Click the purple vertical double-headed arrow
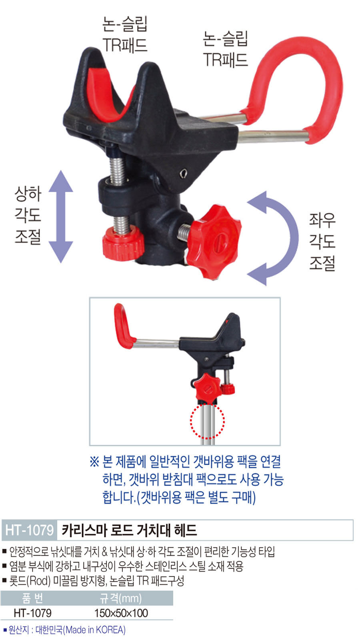pyautogui.click(x=61, y=216)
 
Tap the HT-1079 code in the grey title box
pyautogui.click(x=30, y=530)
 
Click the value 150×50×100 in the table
pyautogui.click(x=121, y=613)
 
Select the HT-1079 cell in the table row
pyautogui.click(x=32, y=613)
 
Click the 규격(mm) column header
pyautogui.click(x=120, y=598)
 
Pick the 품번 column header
pyautogui.click(x=32, y=598)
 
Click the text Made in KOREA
pyautogui.click(x=96, y=630)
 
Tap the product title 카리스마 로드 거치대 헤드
pyautogui.click(x=129, y=530)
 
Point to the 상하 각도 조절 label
pyautogui.click(x=28, y=215)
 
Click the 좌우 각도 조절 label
pyautogui.click(x=322, y=242)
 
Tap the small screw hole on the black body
pyautogui.click(x=184, y=173)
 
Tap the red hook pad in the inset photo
pyautogui.click(x=124, y=325)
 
